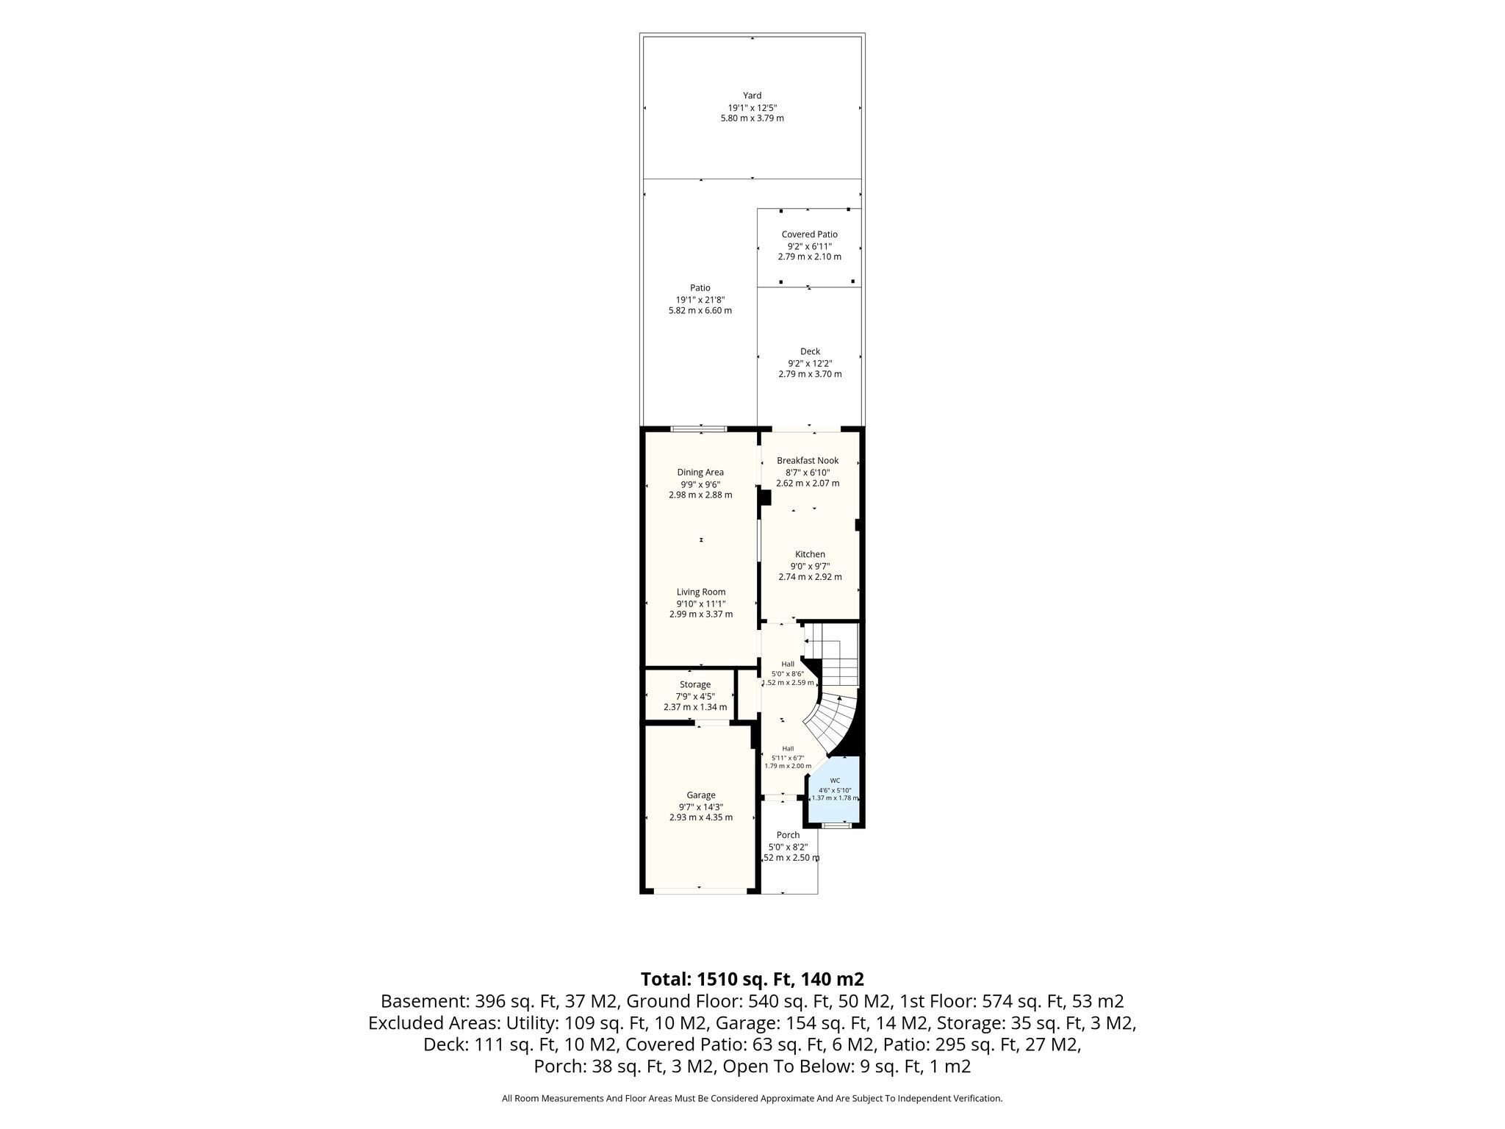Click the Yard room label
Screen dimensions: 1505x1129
coord(752,96)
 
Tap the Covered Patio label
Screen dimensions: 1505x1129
coord(809,234)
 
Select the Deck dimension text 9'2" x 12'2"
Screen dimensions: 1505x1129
coord(810,363)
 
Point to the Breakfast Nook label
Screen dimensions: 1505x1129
coord(808,461)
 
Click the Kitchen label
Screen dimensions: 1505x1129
coord(810,554)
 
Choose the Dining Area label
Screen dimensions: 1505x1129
coord(700,473)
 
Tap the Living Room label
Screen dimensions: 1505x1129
coord(701,592)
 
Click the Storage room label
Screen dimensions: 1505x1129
coord(694,685)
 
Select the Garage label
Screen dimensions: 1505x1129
coord(701,795)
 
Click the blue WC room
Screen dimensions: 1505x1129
coord(835,790)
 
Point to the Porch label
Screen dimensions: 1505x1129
coord(788,835)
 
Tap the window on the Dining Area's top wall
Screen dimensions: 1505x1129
coord(699,429)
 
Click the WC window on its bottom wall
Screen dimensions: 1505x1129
coord(833,825)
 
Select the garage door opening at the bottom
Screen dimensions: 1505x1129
coord(700,891)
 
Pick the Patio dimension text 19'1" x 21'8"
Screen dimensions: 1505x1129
coord(700,300)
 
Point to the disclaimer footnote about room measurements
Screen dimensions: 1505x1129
coord(752,1098)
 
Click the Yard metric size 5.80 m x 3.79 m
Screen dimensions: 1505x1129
coord(752,118)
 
